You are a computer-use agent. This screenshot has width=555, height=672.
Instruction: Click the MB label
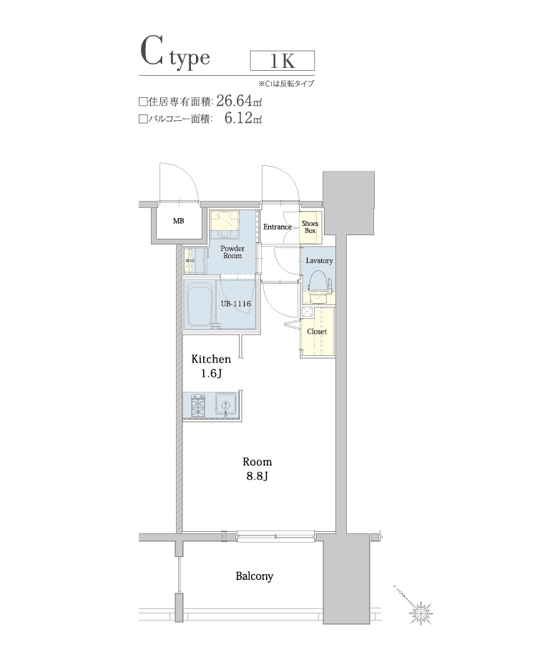(178, 222)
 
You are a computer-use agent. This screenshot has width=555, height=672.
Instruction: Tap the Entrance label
(277, 227)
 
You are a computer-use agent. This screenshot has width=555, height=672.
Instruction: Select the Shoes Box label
(310, 227)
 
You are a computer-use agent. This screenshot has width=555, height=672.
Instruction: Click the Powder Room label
(232, 252)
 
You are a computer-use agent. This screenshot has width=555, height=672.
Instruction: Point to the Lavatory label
(319, 260)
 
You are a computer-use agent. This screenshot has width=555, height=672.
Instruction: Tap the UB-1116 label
(235, 304)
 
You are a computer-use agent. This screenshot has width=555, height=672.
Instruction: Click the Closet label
(317, 332)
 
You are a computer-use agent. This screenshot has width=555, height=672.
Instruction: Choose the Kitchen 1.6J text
(210, 366)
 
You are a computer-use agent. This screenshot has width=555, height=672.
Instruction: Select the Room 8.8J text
(257, 468)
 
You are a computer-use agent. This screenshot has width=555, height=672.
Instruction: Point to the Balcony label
(254, 575)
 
